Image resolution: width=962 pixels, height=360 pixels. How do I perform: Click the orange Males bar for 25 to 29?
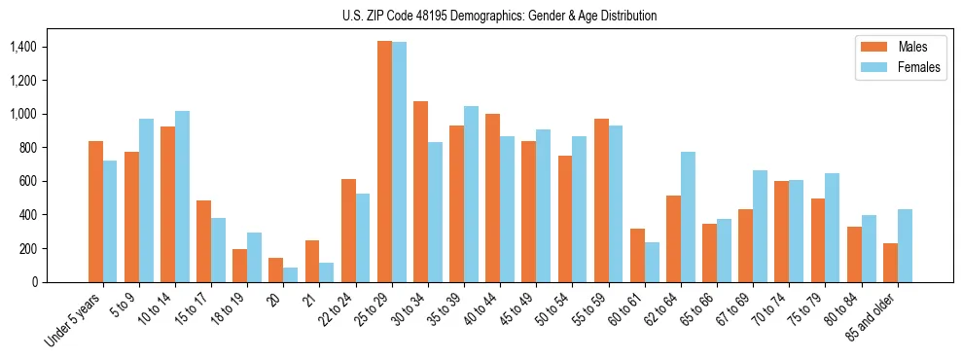coord(384,162)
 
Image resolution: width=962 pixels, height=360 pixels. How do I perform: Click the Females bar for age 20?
coord(291,274)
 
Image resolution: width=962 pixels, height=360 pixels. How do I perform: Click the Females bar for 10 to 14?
coord(182,197)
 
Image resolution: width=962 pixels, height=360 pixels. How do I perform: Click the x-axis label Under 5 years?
coord(74,321)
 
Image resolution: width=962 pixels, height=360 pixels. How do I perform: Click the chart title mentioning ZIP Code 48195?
coord(499,16)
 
